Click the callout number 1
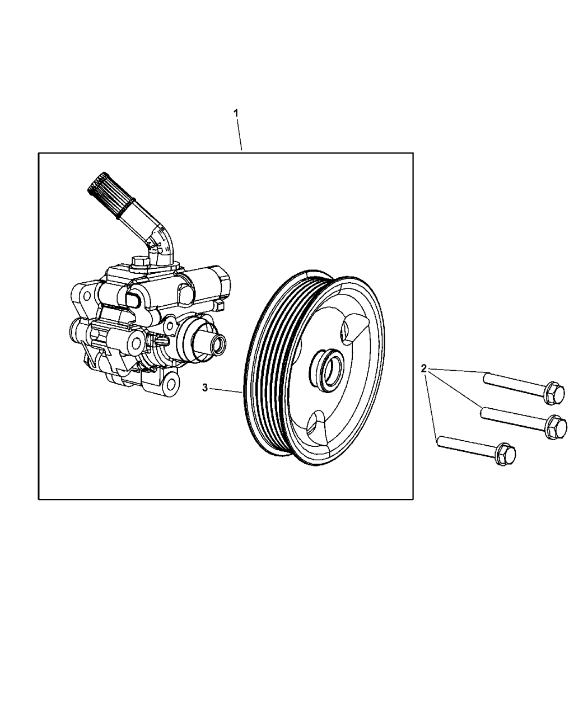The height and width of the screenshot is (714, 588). pyautogui.click(x=236, y=113)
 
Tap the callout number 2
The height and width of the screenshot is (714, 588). pyautogui.click(x=424, y=368)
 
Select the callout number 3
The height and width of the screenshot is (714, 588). pyautogui.click(x=205, y=388)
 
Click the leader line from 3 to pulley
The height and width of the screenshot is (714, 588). pyautogui.click(x=227, y=390)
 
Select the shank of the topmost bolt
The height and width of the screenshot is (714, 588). pyautogui.click(x=512, y=384)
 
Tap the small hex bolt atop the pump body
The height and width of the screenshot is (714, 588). pyautogui.click(x=139, y=262)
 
